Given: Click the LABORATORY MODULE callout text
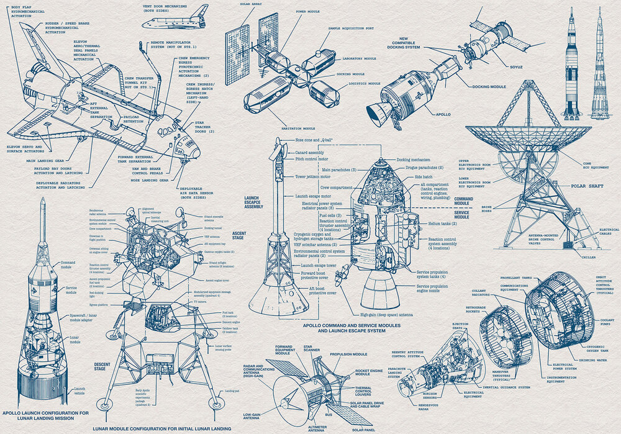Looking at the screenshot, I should coord(359,58).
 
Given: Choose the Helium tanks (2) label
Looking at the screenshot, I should coord(443,224).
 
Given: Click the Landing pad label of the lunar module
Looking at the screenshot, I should coord(232,391).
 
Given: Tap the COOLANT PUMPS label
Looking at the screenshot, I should coord(606,323).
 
